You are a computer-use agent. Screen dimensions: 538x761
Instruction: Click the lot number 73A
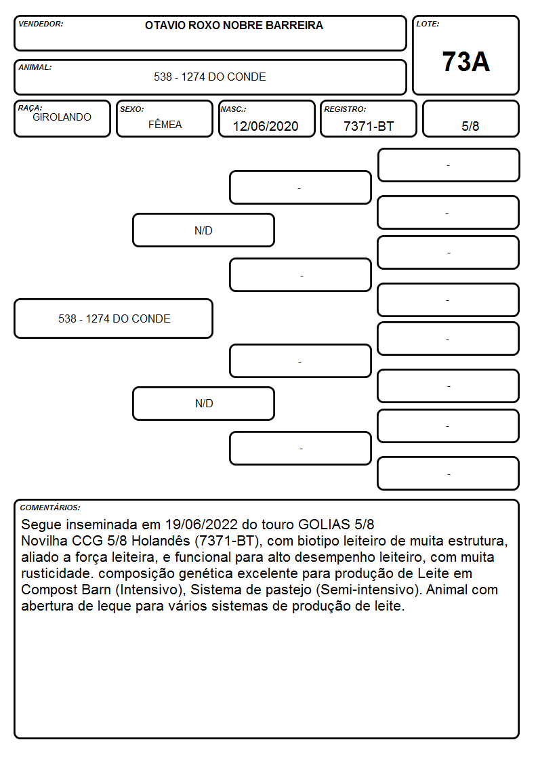465,62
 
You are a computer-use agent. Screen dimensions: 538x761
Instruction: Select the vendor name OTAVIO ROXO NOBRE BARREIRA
234,25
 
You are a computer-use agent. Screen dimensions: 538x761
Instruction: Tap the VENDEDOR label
41,24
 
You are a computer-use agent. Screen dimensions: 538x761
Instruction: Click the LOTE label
428,24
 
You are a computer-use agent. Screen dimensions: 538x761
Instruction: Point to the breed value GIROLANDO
62,117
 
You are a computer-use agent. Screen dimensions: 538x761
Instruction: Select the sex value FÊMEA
165,124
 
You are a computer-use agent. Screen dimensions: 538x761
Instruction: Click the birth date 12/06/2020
266,126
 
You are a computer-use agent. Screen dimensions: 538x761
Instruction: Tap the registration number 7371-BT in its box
369,126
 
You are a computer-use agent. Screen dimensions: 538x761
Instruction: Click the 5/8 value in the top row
470,126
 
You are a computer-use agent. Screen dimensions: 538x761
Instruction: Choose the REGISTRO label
345,109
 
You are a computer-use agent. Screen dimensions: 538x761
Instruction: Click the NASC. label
233,109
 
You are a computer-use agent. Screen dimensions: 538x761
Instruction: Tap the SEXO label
132,109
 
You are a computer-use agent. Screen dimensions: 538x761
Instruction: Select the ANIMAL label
35,68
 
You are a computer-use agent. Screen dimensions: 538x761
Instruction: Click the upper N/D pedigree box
203,230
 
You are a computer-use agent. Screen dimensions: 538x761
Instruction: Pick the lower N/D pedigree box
203,403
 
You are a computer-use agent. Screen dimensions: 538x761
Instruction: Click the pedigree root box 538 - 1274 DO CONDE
114,318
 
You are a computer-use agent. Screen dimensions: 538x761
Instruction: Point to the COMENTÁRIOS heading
50,508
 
